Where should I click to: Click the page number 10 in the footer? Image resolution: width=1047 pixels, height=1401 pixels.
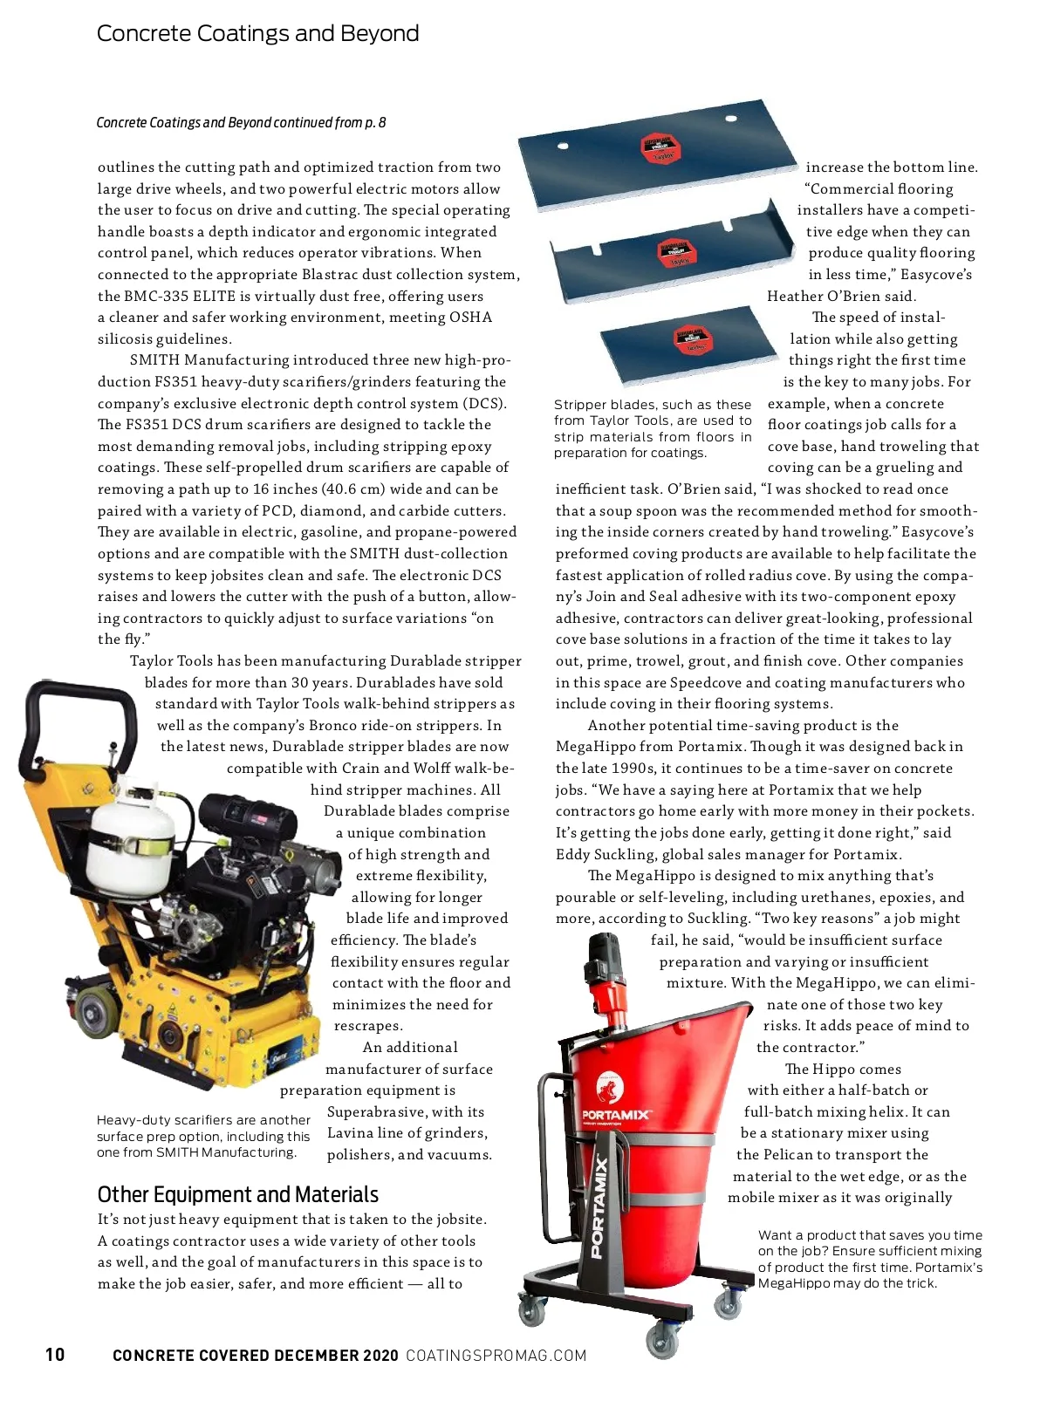(x=55, y=1354)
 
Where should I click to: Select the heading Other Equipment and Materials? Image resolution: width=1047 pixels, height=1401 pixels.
(x=237, y=1194)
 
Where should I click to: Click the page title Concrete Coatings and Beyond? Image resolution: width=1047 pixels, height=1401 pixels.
(x=257, y=33)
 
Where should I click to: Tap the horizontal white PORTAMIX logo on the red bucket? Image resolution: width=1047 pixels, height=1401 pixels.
(x=616, y=1115)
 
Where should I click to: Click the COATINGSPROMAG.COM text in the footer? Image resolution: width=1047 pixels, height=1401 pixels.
(x=496, y=1355)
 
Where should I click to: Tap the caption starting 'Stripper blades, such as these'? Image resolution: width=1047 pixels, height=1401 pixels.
(x=652, y=428)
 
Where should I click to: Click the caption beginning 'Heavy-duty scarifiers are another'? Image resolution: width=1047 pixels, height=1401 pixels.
(x=203, y=1136)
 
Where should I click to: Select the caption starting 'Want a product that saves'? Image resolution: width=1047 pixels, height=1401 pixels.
(x=869, y=1259)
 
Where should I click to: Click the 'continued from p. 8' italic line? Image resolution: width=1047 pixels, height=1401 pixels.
(x=241, y=122)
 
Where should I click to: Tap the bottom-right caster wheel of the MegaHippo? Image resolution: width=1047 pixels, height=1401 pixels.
(x=728, y=1306)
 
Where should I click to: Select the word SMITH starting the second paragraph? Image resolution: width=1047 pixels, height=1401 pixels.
(x=154, y=360)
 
